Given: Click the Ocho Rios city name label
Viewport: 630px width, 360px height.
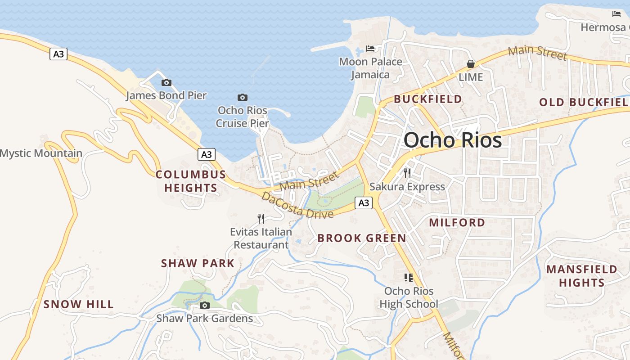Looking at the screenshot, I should (452, 140).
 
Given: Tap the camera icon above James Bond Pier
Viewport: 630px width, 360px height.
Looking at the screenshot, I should (166, 82).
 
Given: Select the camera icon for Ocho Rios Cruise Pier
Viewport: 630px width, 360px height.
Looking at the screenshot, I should (243, 97).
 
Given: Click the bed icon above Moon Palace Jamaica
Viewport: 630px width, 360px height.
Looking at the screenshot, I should (370, 48).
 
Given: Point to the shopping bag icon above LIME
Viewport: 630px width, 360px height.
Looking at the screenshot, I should (471, 64).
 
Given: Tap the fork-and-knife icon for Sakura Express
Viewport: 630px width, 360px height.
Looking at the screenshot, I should (407, 173).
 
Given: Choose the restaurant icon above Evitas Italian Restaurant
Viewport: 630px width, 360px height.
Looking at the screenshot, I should (261, 219).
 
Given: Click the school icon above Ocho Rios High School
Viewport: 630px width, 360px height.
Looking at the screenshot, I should (409, 278).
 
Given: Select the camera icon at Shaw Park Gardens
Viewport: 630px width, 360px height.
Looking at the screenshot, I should (205, 306).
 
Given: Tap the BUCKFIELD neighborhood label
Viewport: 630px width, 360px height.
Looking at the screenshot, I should (428, 99).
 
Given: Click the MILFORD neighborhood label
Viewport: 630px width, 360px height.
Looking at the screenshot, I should (457, 222).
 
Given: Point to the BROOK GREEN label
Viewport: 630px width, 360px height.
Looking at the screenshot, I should (362, 238).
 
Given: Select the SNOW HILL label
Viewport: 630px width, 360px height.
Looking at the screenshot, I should (79, 304).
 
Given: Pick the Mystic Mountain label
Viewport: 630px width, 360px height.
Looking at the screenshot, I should (41, 153).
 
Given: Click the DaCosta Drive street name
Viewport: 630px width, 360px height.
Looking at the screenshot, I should (297, 205).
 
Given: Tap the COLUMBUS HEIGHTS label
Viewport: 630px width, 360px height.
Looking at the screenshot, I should (191, 181).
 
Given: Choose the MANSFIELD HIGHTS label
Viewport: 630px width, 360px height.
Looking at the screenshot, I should (581, 276).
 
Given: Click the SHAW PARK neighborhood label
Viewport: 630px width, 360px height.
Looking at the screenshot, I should (198, 263).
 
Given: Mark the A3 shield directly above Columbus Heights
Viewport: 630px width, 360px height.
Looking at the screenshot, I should (206, 155).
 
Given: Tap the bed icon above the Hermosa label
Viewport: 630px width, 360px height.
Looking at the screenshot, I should (616, 14).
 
